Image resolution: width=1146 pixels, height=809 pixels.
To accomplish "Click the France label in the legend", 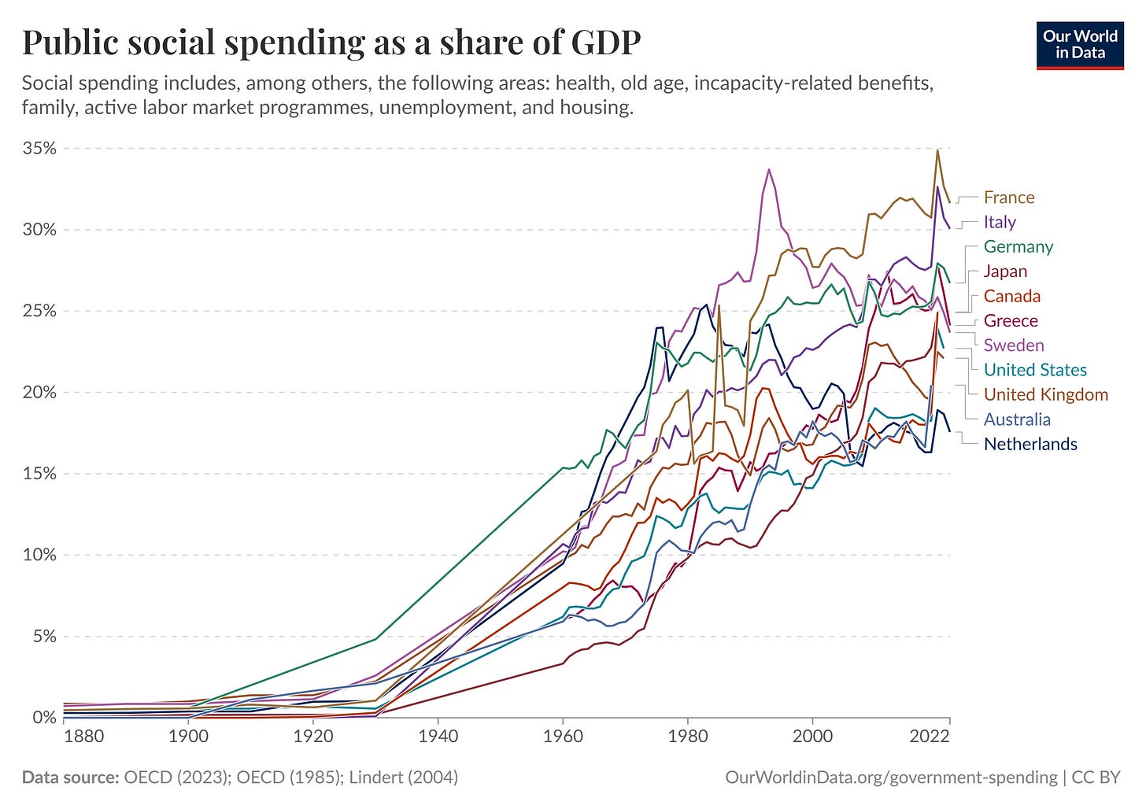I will (1009, 198).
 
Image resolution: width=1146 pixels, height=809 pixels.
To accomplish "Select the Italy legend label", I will (1000, 222).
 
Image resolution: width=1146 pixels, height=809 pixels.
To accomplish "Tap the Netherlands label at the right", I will (1030, 444).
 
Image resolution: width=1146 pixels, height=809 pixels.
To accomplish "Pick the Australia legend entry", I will (1017, 419).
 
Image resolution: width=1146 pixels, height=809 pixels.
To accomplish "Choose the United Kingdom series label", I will (1045, 394).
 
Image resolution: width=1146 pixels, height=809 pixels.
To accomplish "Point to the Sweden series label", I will (1014, 345).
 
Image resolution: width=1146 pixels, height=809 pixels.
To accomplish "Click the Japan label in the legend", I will (1005, 272).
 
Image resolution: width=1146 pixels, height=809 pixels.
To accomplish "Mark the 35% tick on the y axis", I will (40, 149).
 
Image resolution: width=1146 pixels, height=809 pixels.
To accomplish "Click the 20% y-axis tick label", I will (40, 392).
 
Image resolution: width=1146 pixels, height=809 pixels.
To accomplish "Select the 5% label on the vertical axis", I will (44, 636).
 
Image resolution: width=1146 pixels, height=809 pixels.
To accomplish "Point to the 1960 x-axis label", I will (563, 736).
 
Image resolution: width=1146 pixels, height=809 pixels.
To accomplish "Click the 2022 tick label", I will (949, 736).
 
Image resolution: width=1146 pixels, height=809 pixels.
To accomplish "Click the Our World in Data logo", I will (1080, 46).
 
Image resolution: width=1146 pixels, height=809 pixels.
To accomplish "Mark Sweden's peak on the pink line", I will (769, 169).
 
